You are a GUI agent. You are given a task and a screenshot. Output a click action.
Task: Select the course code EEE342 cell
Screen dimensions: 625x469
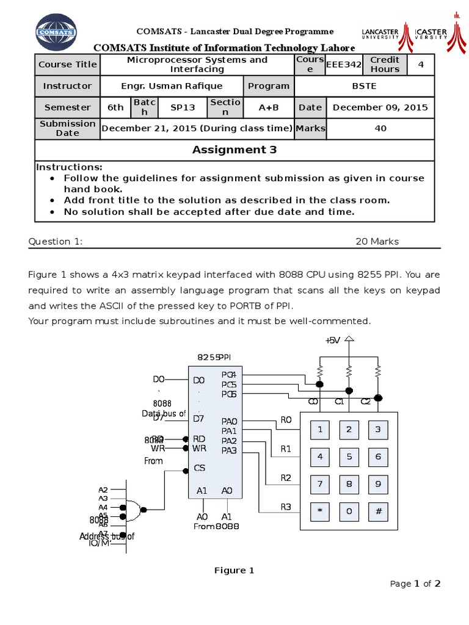click(x=344, y=64)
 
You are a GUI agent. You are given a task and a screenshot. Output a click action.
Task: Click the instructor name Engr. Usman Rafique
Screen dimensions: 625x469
click(x=172, y=86)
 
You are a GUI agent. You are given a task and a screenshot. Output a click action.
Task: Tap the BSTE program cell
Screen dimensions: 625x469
click(x=364, y=86)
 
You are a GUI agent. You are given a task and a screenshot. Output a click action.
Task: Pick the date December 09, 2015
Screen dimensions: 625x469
click(x=380, y=107)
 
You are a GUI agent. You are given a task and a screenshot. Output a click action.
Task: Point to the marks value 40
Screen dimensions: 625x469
click(x=380, y=128)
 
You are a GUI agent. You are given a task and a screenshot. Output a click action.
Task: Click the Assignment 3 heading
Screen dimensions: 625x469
click(x=234, y=150)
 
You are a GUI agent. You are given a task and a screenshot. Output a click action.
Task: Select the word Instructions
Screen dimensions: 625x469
click(x=69, y=167)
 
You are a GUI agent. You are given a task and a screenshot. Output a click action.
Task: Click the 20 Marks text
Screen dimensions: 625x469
click(x=377, y=242)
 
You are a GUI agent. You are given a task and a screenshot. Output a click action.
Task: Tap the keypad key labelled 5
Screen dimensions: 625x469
click(x=349, y=456)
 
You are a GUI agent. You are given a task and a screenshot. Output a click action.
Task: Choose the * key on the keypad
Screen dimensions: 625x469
click(x=319, y=511)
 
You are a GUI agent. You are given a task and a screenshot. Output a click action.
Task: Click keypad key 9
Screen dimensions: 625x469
click(x=378, y=484)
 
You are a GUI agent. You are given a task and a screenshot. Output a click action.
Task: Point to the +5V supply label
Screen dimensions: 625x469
click(x=333, y=341)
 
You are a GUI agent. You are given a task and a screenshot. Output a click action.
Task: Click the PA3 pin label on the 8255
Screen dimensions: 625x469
click(x=229, y=450)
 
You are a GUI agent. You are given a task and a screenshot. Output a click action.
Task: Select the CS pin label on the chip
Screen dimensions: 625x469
click(x=199, y=468)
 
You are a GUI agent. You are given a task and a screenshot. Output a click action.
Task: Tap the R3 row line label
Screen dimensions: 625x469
click(x=286, y=507)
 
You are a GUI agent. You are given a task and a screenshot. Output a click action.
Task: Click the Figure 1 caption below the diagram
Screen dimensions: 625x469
click(x=234, y=571)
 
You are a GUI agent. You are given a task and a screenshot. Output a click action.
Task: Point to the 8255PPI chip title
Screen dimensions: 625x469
click(x=214, y=357)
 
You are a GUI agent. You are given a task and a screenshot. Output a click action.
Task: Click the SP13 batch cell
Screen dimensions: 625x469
click(x=183, y=107)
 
